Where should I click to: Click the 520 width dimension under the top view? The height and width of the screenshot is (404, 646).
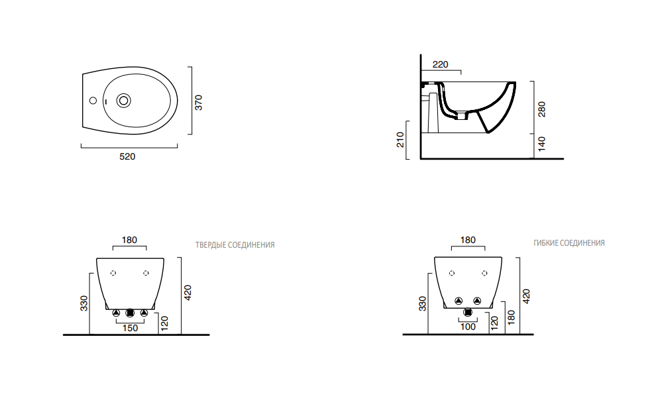point(127,157)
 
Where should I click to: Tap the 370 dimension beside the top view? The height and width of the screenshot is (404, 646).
point(199,103)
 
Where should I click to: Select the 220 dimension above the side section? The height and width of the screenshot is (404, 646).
point(440,64)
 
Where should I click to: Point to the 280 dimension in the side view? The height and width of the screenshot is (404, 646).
point(542,108)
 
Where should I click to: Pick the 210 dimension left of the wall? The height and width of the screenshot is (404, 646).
point(400,140)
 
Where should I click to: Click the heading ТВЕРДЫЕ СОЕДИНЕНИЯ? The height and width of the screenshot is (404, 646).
point(235,245)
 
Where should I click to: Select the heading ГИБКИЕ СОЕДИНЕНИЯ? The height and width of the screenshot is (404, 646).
point(569,243)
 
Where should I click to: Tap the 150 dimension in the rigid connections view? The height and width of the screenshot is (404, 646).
point(130,328)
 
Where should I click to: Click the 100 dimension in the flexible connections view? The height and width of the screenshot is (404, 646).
point(468,327)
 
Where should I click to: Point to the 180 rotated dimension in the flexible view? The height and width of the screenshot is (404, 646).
point(511,317)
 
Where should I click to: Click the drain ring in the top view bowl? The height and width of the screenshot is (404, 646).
point(123,101)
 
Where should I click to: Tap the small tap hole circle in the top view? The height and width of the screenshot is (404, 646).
point(93,101)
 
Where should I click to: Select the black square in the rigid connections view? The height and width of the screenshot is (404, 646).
point(130,313)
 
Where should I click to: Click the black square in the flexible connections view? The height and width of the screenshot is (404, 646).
point(468,312)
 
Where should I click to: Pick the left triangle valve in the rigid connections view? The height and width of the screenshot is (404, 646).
point(116,313)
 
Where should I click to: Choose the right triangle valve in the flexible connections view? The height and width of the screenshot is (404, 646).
point(478,301)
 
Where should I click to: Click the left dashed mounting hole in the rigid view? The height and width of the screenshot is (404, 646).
point(113,273)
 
